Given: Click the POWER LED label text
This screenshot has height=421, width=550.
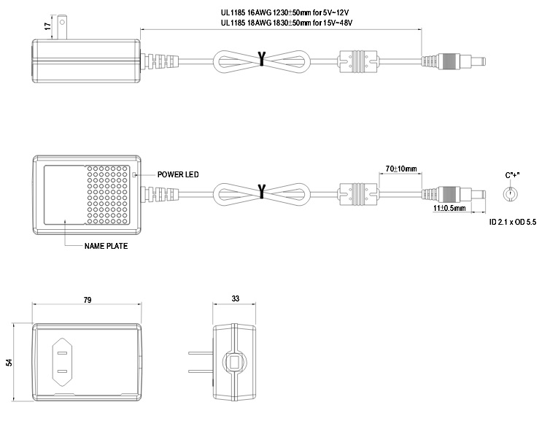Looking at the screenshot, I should pos(178,174).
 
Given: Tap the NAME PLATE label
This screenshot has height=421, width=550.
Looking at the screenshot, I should pos(106,246).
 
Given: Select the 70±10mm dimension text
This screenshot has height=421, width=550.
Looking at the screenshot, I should pos(401,169).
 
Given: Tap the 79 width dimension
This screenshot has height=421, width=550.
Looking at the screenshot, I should pos(87,300).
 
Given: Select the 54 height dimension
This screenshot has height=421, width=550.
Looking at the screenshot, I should pos(9,363).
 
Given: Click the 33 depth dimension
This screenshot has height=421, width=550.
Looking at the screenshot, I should pos(235,300).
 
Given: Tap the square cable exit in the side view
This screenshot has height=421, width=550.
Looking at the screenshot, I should pos(235,363).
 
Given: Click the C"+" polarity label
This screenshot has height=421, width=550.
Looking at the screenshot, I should pos(512,174).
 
